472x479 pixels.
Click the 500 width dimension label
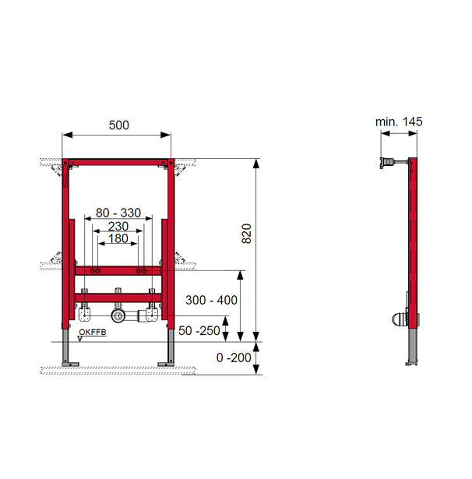coord(119,125)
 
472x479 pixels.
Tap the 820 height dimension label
coord(247,234)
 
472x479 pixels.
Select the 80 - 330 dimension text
coord(118,213)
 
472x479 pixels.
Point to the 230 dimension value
coord(118,227)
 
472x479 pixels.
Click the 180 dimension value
coord(118,238)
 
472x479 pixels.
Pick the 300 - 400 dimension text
coord(211,300)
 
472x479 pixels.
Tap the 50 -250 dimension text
coord(199,330)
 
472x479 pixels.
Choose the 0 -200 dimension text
coord(234,357)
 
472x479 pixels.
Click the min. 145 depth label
coord(399,122)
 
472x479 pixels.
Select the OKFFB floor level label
coord(93,332)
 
